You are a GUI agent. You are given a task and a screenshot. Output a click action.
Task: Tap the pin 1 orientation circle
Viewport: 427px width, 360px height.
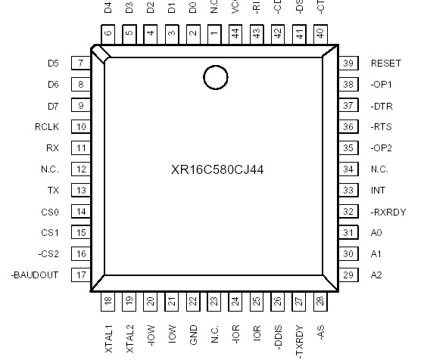click(215, 76)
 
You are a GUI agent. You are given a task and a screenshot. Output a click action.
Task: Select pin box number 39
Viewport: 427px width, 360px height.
click(349, 64)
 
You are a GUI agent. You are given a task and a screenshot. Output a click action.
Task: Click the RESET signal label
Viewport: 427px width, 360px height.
click(386, 64)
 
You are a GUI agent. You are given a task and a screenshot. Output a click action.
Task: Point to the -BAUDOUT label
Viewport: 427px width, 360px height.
click(35, 275)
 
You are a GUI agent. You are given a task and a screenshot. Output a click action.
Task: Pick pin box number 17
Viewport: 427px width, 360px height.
click(79, 275)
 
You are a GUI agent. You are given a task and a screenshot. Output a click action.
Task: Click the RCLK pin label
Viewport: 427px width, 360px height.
click(47, 127)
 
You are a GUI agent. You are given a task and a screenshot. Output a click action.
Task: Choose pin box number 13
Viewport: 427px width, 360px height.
click(79, 191)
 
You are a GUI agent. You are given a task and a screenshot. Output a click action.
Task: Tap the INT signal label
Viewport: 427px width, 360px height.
click(379, 191)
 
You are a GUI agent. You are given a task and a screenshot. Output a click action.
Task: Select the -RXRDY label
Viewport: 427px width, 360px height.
click(388, 212)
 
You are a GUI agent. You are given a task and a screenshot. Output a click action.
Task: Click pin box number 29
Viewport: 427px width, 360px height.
click(349, 275)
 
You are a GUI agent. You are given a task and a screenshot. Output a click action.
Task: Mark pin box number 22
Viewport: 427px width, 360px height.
click(193, 303)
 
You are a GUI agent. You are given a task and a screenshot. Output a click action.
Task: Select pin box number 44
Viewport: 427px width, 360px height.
click(235, 33)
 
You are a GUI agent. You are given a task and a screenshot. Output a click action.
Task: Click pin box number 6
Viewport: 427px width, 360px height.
click(108, 33)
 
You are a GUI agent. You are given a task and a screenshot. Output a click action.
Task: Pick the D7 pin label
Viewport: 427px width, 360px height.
click(53, 106)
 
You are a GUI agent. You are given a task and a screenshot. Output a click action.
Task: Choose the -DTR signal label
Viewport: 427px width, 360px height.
click(382, 106)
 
